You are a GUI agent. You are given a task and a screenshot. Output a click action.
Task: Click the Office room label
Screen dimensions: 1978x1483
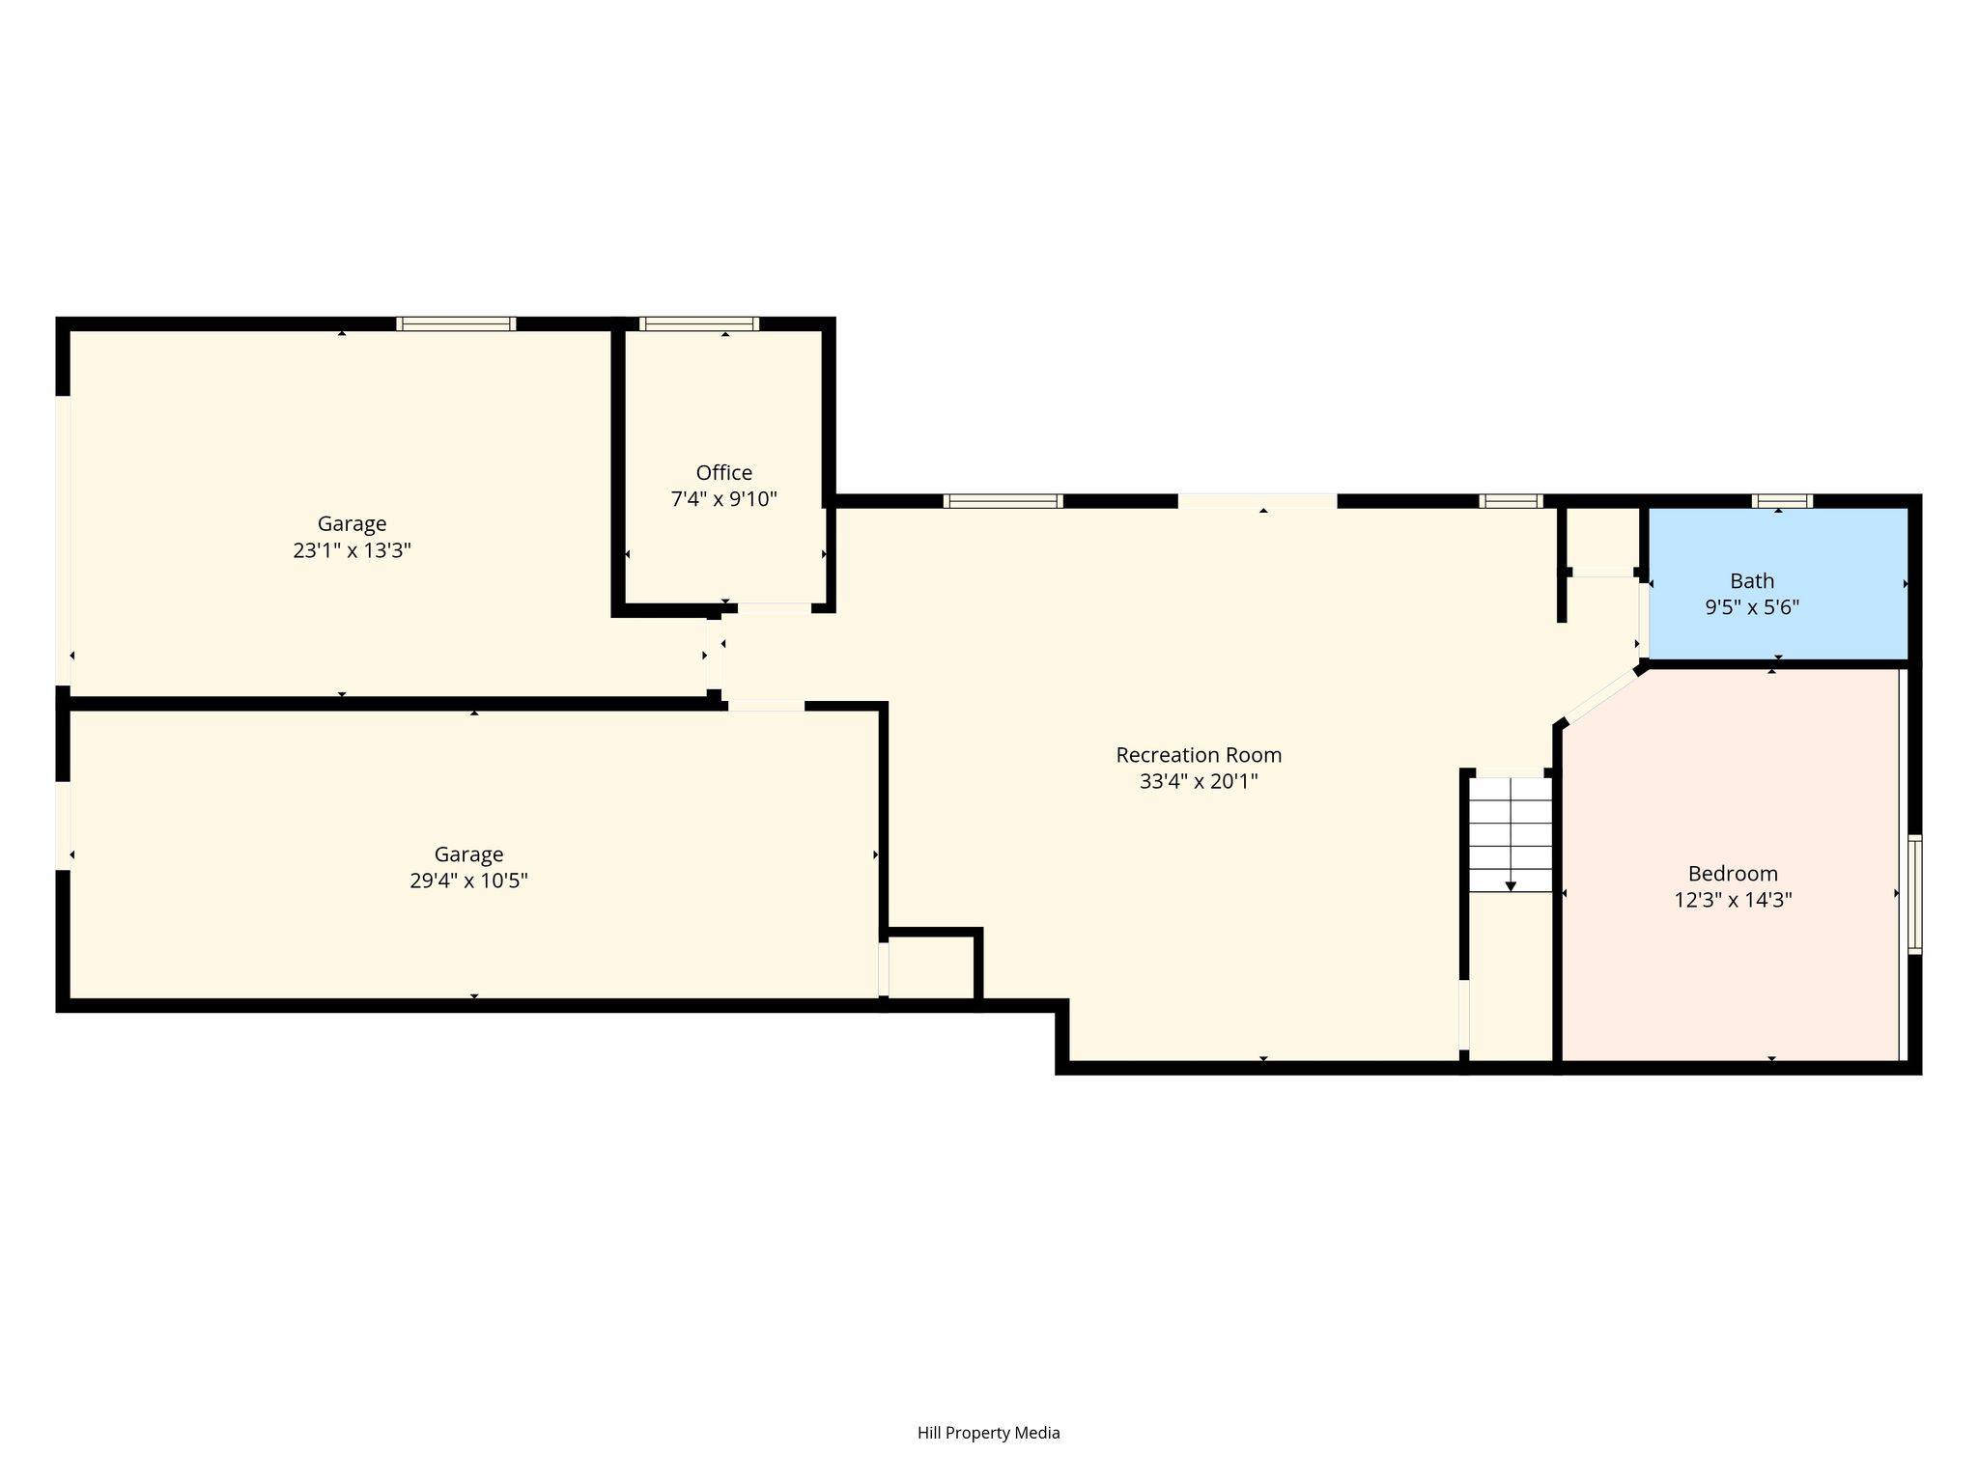pyautogui.click(x=723, y=473)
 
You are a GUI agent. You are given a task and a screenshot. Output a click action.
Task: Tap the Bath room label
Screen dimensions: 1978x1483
pyautogui.click(x=1752, y=581)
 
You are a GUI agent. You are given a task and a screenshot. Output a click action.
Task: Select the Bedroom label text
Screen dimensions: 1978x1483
pyautogui.click(x=1733, y=874)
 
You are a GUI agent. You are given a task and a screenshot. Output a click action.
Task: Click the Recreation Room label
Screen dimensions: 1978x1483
pyautogui.click(x=1199, y=755)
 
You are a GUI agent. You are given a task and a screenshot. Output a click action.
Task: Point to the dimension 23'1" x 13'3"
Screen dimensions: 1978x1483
pyautogui.click(x=353, y=550)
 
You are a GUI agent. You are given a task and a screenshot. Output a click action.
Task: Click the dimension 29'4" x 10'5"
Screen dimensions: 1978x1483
pyautogui.click(x=468, y=881)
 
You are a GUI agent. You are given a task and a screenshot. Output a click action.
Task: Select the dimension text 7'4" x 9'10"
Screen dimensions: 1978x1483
pyautogui.click(x=723, y=499)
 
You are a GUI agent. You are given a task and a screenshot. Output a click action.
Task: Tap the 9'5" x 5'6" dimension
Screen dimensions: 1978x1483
pyautogui.click(x=1752, y=607)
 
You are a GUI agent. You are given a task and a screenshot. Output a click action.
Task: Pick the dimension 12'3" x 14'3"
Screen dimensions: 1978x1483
pyautogui.click(x=1733, y=900)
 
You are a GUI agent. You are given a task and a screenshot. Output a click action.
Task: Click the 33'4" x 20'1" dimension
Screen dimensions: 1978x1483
pyautogui.click(x=1199, y=781)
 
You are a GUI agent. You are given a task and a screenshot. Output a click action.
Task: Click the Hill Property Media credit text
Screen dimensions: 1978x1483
pyautogui.click(x=989, y=1433)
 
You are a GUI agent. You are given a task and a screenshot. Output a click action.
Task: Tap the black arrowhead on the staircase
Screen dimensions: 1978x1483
pyautogui.click(x=1511, y=886)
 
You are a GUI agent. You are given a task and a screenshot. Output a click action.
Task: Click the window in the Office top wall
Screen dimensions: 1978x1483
pyautogui.click(x=699, y=323)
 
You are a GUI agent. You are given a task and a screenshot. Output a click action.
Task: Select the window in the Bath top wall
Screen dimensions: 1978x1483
pyautogui.click(x=1782, y=501)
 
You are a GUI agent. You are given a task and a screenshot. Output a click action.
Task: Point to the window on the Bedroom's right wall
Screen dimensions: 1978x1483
pyautogui.click(x=1914, y=894)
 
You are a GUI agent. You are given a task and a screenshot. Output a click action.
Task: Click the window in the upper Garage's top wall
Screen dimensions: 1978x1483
pyautogui.click(x=456, y=323)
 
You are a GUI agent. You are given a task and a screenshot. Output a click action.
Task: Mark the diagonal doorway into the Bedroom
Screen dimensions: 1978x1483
pyautogui.click(x=1601, y=697)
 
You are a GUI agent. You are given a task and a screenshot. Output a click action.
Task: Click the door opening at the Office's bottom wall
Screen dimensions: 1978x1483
pyautogui.click(x=775, y=608)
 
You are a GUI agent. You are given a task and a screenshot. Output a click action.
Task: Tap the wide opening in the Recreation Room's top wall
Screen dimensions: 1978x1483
pyautogui.click(x=1257, y=501)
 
